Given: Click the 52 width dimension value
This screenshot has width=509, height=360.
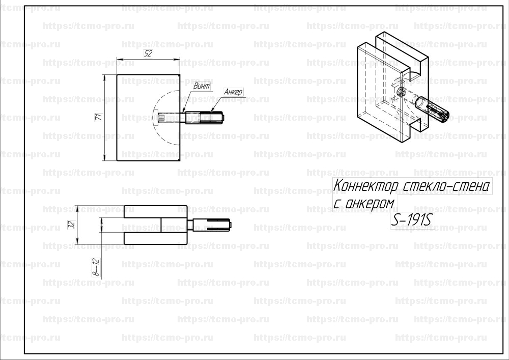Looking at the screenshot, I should (x=148, y=53).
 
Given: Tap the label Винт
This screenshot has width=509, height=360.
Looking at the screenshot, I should (x=201, y=87).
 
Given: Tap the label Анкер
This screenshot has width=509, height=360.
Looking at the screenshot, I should (x=233, y=92).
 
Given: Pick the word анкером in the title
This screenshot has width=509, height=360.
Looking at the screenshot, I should (x=370, y=203).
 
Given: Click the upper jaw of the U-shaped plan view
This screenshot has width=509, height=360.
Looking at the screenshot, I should (x=155, y=211).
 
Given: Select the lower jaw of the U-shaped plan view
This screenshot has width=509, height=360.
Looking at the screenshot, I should (x=155, y=238).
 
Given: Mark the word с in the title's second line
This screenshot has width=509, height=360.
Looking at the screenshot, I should (x=337, y=204).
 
